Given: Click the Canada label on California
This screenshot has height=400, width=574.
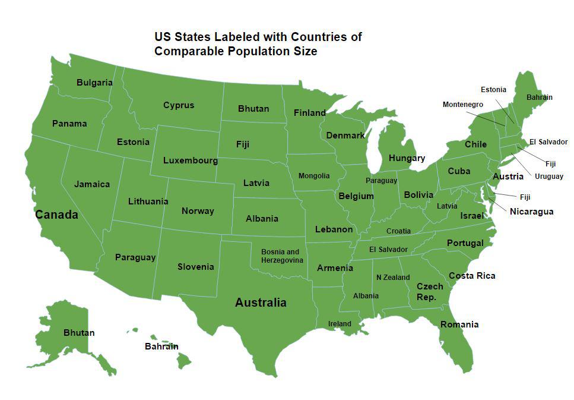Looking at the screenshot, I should (56, 215).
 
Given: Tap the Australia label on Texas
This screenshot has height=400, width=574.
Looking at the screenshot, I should (261, 303).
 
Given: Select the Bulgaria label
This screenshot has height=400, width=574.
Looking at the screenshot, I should (94, 83).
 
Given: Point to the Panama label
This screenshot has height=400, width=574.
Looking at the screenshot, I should (69, 124).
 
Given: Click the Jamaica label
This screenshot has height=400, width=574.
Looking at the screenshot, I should (92, 184).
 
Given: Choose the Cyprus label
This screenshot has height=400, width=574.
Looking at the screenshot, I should (179, 105).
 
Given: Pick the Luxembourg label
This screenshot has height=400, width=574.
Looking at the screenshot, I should (191, 160).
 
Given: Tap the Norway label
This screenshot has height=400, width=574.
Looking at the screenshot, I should (198, 211).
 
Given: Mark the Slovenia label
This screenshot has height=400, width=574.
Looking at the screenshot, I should (195, 267).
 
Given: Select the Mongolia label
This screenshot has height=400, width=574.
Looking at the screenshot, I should (314, 176).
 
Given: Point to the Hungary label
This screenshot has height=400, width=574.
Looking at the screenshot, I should (407, 158).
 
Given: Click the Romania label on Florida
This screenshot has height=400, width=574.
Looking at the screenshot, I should (459, 325).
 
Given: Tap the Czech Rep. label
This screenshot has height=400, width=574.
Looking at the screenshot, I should (430, 292).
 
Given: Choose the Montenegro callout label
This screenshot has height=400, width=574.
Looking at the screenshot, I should (463, 105).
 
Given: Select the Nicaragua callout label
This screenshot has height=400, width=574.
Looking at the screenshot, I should (531, 212).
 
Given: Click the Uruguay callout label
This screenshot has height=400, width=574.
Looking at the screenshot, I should (549, 177).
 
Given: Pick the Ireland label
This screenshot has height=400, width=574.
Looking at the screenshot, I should (340, 324).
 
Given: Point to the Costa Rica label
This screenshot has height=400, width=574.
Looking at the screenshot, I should (472, 276).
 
